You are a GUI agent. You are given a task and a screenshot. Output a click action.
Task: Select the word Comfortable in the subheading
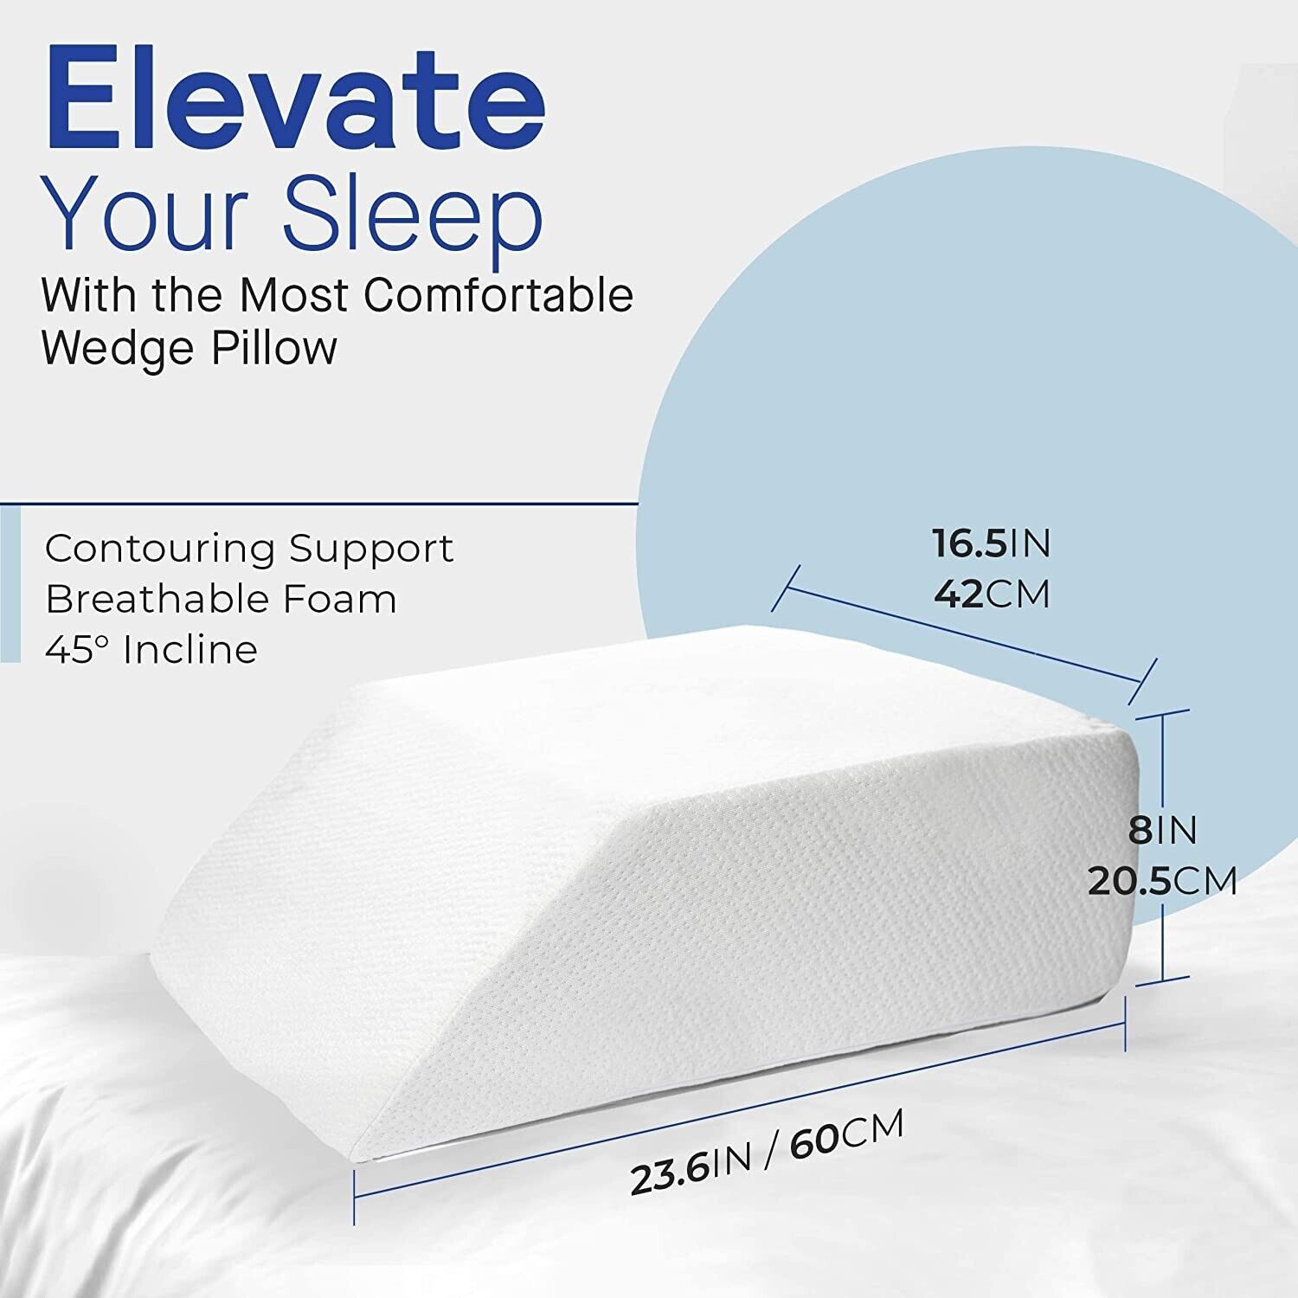click(x=498, y=296)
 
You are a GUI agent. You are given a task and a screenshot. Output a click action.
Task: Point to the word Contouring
click(x=159, y=549)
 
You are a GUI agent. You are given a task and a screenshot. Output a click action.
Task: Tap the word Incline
click(x=190, y=649)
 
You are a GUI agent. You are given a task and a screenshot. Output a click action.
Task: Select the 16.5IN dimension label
click(x=991, y=543)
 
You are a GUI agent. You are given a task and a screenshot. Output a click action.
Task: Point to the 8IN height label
click(x=1162, y=831)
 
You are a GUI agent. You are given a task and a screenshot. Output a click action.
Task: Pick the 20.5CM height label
click(x=1162, y=882)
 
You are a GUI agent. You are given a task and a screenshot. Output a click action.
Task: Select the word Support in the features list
click(x=371, y=549)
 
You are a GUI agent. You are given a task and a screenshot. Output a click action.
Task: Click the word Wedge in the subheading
click(x=117, y=349)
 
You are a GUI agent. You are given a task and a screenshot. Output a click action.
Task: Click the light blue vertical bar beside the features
click(x=10, y=584)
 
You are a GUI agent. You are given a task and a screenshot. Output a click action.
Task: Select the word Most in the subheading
click(x=293, y=296)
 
